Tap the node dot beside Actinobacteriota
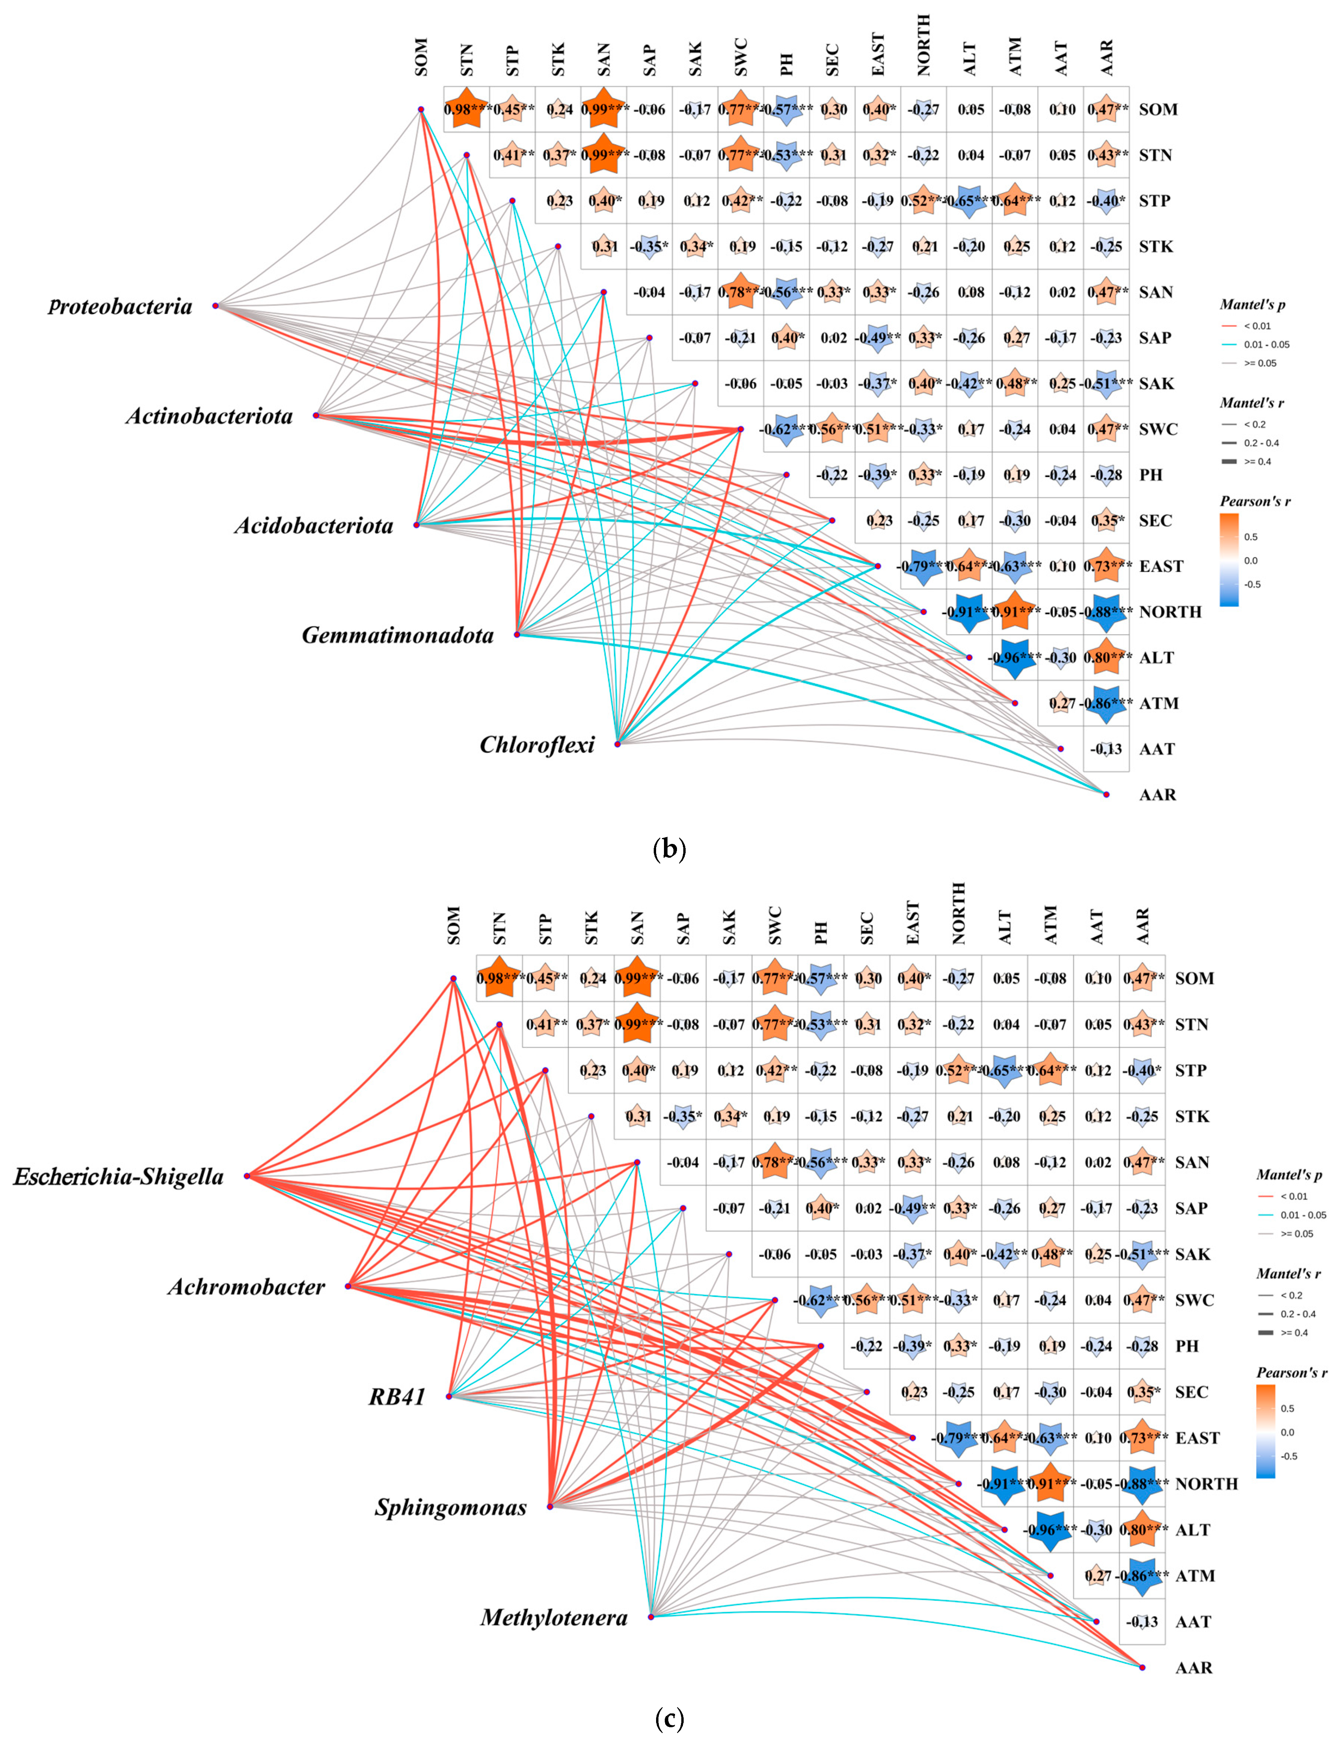[x=316, y=415]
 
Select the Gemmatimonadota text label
[x=397, y=635]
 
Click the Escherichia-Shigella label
[x=119, y=1177]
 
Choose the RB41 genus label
[x=397, y=1396]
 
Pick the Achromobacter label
[x=246, y=1287]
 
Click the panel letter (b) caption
[x=668, y=850]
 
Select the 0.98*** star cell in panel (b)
[x=467, y=109]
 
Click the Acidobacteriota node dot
[x=416, y=525]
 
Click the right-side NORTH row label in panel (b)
[x=1170, y=612]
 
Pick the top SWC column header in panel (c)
[x=776, y=925]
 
